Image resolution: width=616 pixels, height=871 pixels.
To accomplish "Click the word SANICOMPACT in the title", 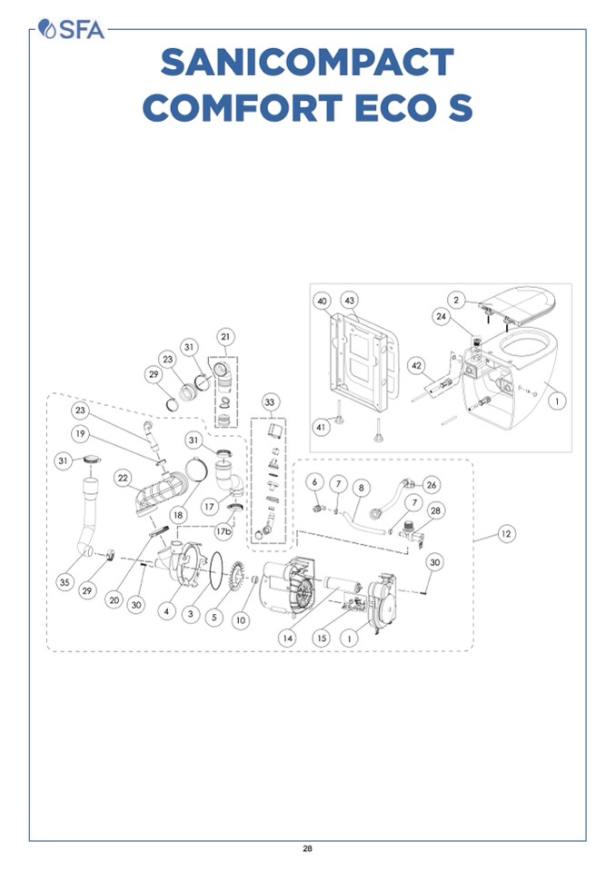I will pos(307,63).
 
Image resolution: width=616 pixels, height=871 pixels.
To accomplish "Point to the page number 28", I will pos(307,849).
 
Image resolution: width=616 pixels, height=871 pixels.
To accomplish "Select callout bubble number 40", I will pos(323,300).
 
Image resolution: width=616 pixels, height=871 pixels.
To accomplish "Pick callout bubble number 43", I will pos(349,300).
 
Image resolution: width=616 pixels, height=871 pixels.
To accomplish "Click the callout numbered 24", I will pos(442,317).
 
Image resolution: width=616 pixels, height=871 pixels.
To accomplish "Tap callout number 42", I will pos(417,365).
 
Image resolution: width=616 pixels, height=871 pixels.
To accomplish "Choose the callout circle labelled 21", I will pos(224,337).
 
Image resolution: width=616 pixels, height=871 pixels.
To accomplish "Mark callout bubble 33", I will pos(269,401).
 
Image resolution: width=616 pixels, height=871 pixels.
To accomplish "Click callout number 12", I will pos(506,534).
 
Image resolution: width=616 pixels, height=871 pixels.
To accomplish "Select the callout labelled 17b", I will pos(224,532).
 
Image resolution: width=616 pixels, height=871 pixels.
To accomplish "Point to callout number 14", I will pos(287,638).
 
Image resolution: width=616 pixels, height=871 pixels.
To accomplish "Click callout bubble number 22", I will pos(122,478).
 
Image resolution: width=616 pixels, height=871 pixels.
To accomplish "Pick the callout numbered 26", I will pos(431,484).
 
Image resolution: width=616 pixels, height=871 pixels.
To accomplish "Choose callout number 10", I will pos(241,620).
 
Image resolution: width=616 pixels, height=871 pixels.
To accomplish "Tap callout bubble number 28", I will pos(436,511).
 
